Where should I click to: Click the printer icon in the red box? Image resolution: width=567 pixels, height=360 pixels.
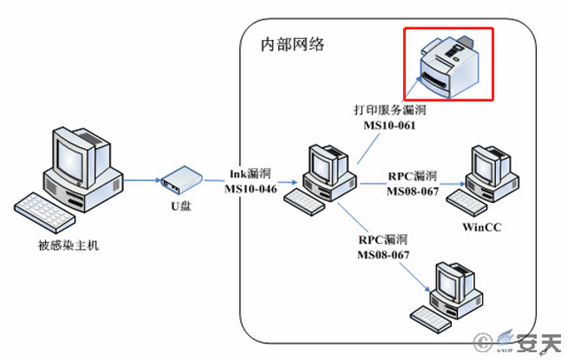pos(447,65)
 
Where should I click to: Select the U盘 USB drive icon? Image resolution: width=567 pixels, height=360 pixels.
pos(180,180)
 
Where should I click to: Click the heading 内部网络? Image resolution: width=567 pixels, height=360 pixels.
pos(291,44)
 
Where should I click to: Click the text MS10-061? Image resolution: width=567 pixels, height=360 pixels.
pos(390,125)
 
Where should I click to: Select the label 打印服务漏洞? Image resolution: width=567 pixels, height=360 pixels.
pos(390,110)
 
